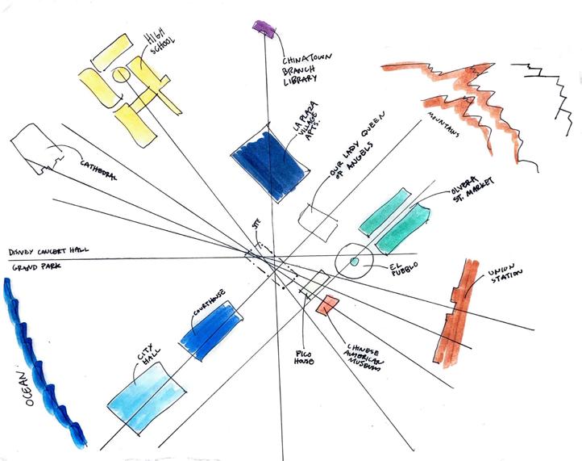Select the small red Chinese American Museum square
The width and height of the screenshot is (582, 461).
click(x=327, y=305)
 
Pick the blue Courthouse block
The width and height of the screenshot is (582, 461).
click(x=210, y=329)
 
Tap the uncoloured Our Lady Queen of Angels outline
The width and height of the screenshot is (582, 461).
click(x=318, y=220)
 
